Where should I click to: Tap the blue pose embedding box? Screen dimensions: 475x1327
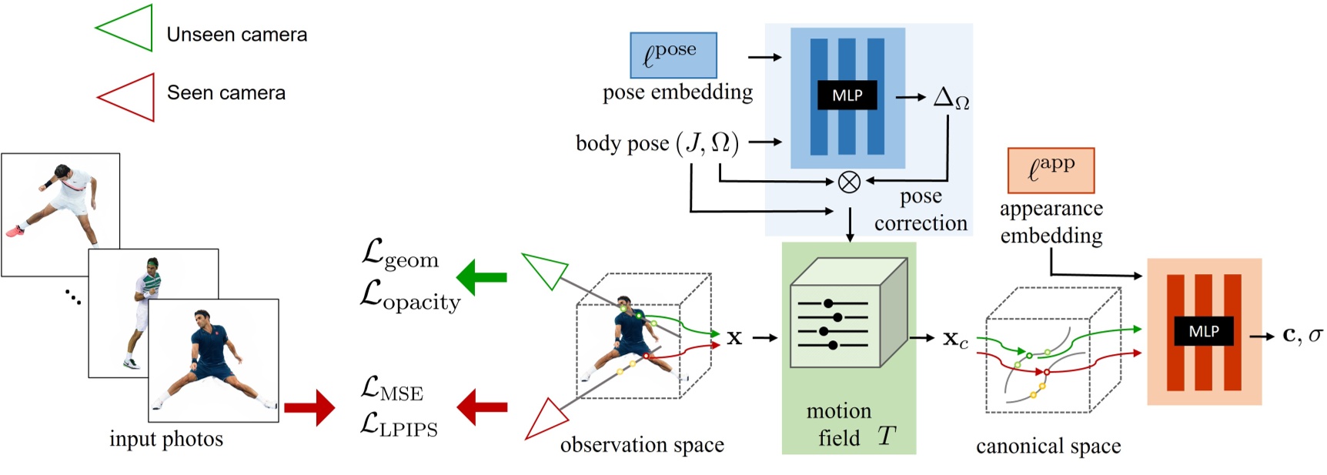point(673,55)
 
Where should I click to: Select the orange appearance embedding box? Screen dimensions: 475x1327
point(1051,170)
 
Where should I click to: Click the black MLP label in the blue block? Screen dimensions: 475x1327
point(847,95)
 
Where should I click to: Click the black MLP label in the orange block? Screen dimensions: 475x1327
point(1203,331)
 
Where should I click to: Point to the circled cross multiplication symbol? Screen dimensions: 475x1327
point(848,182)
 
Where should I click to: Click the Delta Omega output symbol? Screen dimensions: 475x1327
point(951,99)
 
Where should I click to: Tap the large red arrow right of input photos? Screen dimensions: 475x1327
point(309,407)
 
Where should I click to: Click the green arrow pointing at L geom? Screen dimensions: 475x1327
point(482,277)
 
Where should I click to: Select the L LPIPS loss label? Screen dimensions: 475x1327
point(399,426)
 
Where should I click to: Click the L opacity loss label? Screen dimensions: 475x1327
point(409,297)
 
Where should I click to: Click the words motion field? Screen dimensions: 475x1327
point(839,424)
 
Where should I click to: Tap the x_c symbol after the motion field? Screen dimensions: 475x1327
point(955,339)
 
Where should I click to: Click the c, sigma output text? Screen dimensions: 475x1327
point(1302,336)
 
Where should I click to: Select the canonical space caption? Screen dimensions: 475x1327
point(1048,447)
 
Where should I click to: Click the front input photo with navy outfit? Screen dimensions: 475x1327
point(213,360)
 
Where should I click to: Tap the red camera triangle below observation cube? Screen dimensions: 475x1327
point(545,420)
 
